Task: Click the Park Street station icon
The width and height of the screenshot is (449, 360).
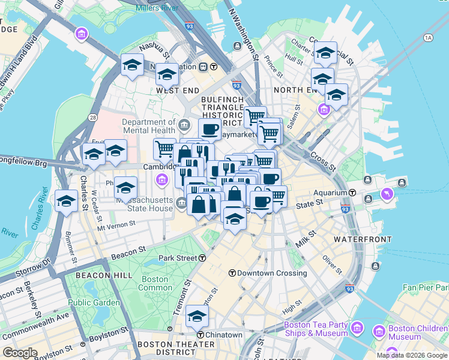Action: click(203, 258)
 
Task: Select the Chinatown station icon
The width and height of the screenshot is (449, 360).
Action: click(201, 334)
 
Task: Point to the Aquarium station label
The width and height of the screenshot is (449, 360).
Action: click(331, 193)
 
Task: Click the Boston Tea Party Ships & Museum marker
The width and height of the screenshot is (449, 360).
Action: click(358, 328)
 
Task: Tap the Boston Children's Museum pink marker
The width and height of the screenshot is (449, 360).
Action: click(379, 331)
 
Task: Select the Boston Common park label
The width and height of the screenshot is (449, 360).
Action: click(155, 283)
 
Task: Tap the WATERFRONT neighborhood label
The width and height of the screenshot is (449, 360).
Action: click(363, 239)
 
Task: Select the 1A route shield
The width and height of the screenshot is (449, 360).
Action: click(427, 38)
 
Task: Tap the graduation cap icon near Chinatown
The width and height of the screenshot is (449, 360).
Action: click(197, 316)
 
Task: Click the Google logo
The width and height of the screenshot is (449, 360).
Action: click(20, 353)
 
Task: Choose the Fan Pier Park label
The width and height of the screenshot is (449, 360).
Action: click(425, 288)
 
